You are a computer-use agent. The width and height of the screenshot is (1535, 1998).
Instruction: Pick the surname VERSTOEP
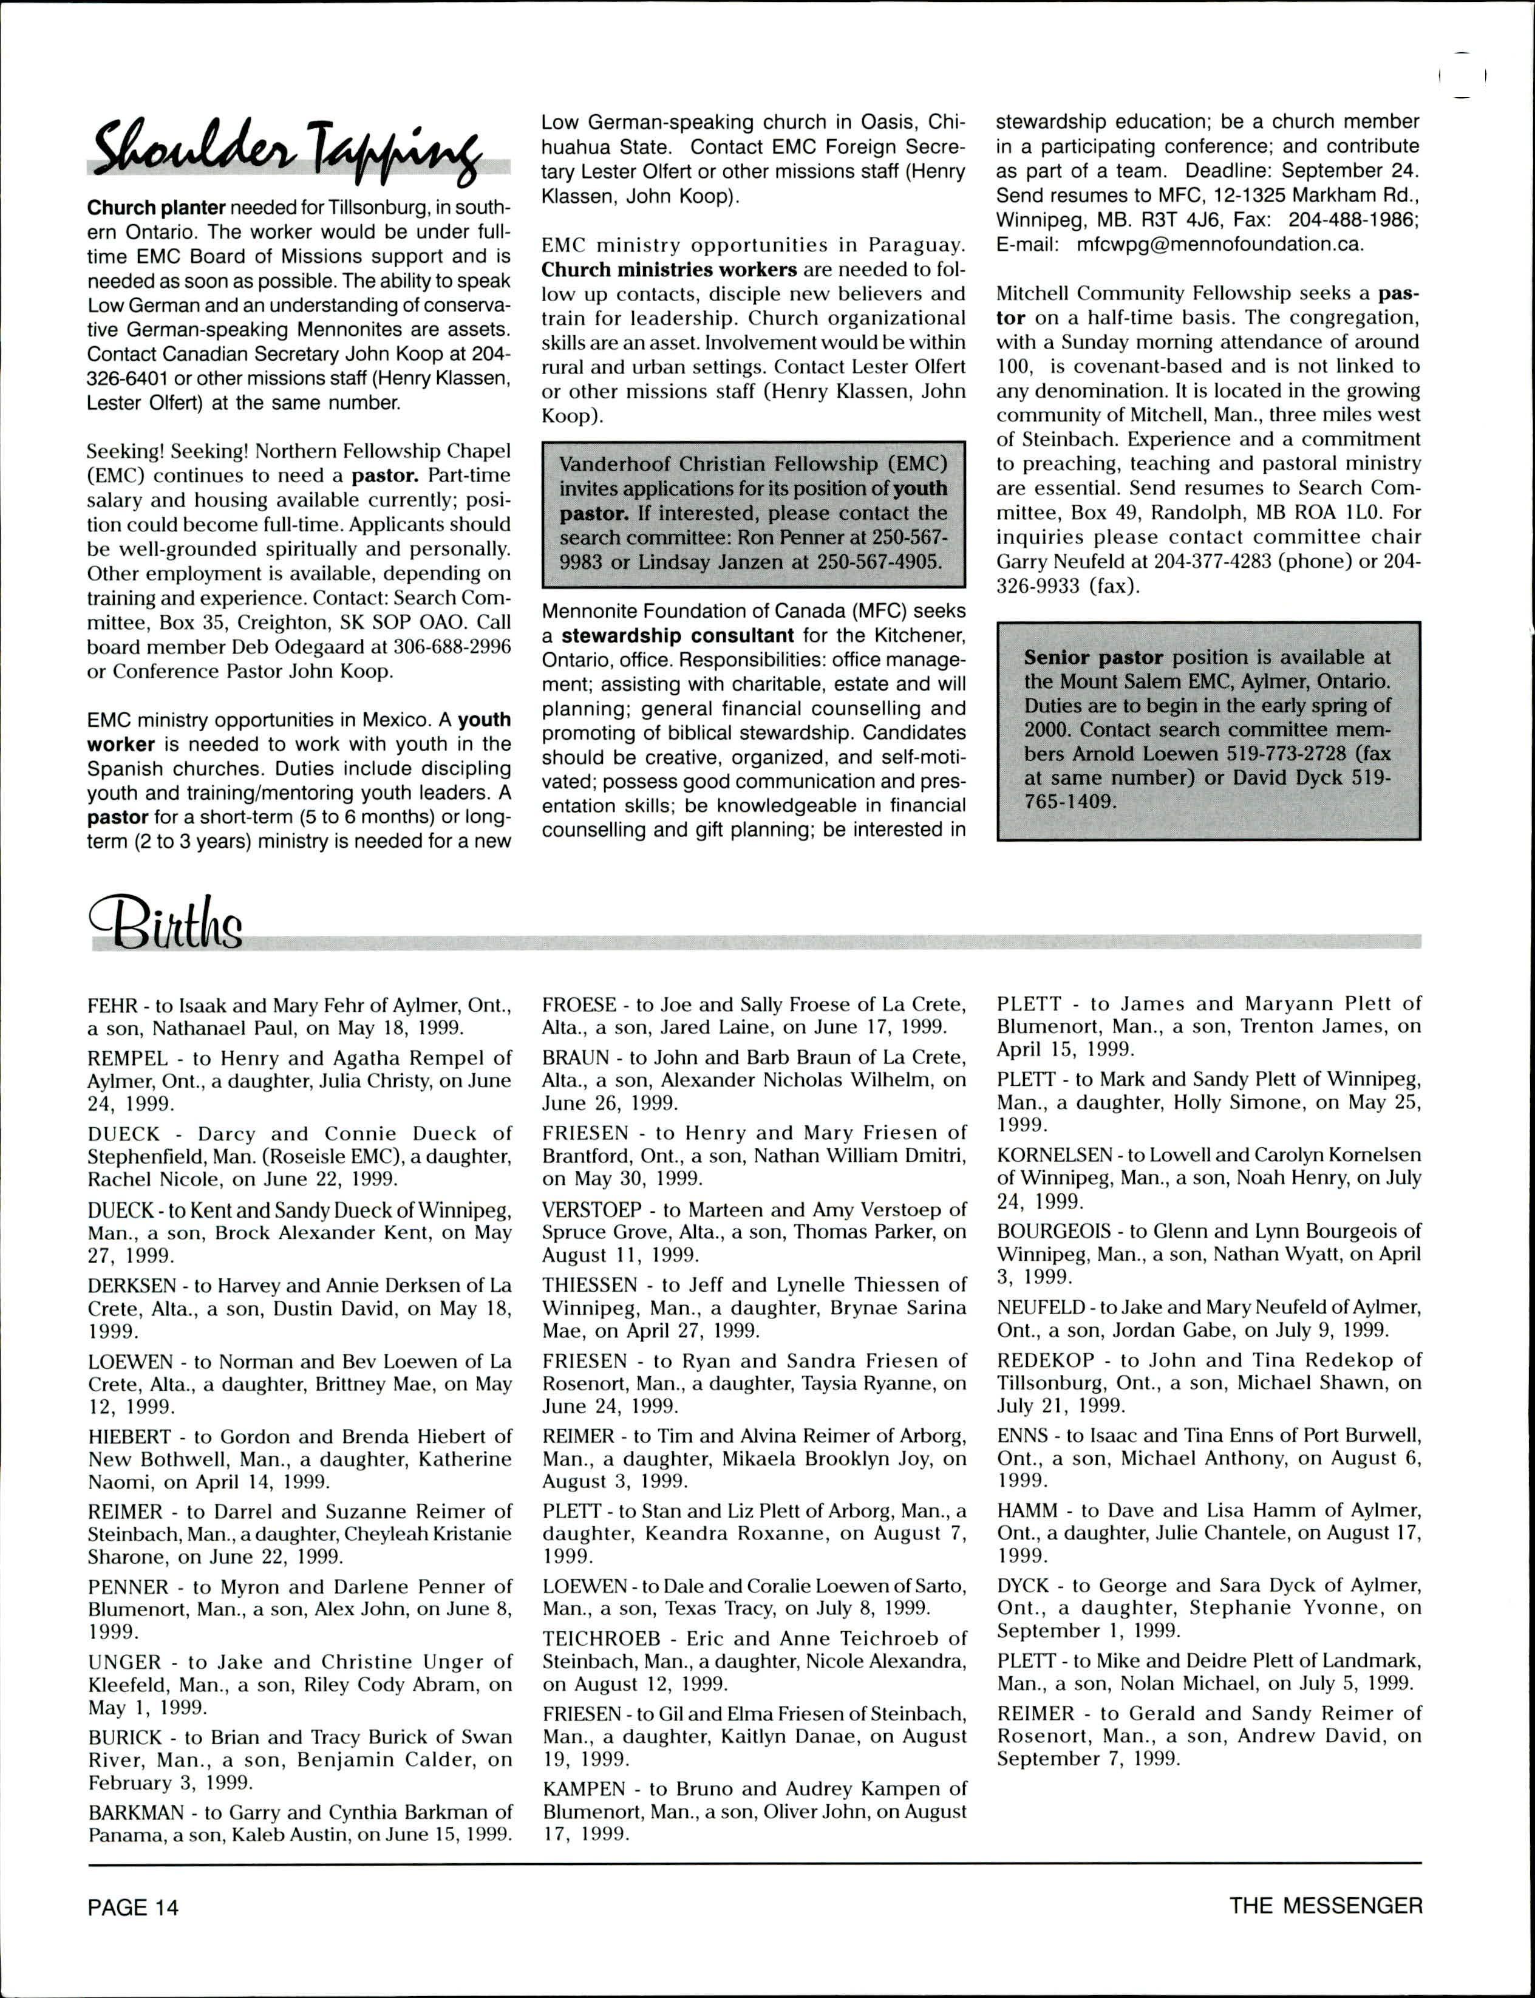pos(592,1210)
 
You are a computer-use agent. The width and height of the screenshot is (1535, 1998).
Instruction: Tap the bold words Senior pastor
pos(1093,657)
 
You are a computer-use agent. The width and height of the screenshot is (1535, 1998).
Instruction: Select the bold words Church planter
pos(156,208)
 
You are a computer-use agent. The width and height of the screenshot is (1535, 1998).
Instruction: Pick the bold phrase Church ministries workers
pos(669,270)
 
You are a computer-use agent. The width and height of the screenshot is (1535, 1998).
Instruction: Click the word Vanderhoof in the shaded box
pos(614,464)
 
